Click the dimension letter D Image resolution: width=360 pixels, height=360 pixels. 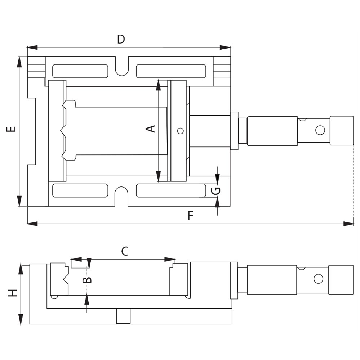[121, 39]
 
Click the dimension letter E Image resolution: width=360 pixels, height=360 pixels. [12, 129]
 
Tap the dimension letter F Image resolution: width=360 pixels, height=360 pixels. [191, 216]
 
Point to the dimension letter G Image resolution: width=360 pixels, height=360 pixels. [216, 190]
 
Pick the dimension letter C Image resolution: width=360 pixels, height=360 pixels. [124, 251]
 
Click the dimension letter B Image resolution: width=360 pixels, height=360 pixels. [87, 280]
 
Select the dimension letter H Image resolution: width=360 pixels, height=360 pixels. [13, 293]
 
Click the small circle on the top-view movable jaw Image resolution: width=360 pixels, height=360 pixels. [180, 131]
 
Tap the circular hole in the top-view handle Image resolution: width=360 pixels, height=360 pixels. [320, 130]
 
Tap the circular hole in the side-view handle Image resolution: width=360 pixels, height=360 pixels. [318, 279]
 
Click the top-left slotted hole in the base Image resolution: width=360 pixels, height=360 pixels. [80, 71]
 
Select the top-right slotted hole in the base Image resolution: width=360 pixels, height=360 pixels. [171, 71]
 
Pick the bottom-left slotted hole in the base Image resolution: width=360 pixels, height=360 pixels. [80, 190]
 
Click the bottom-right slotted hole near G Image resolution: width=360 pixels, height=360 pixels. [171, 190]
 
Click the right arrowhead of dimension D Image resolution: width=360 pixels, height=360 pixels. [226, 48]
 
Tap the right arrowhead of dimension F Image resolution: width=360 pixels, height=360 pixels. [349, 224]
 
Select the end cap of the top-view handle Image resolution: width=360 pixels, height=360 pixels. [342, 130]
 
